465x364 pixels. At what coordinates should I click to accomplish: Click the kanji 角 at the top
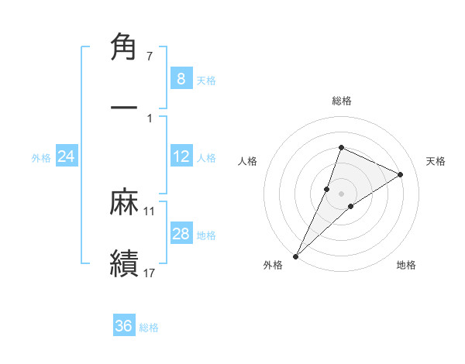(x=125, y=48)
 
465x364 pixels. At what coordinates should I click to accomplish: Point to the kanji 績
(x=125, y=262)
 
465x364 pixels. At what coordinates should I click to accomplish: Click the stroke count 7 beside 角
(x=149, y=57)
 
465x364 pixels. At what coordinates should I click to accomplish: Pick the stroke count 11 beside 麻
(x=150, y=211)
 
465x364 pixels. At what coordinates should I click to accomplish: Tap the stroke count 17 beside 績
(x=150, y=272)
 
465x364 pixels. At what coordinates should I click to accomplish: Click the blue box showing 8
(x=181, y=78)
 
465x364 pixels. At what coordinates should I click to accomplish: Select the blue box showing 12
(x=181, y=156)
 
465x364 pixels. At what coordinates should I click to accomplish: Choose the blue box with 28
(x=181, y=234)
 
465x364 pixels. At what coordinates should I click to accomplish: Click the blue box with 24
(x=67, y=156)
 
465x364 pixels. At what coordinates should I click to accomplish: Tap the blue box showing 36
(x=124, y=326)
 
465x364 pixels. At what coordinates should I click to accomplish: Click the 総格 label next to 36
(x=149, y=328)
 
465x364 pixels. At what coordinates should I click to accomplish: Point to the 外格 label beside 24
(x=41, y=158)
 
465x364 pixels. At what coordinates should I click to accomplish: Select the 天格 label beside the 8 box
(x=206, y=80)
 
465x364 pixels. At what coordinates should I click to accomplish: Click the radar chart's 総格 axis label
(x=341, y=101)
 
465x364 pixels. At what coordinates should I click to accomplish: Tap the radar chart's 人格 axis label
(x=248, y=161)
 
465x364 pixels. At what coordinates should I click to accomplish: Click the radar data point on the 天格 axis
(x=400, y=174)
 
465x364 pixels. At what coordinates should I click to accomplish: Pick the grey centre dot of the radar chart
(x=341, y=194)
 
